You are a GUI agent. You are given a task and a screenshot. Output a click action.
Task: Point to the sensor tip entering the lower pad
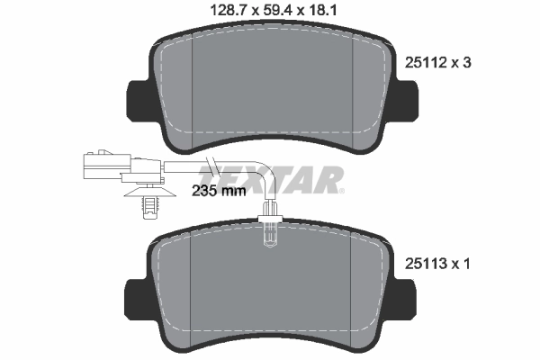(270, 232)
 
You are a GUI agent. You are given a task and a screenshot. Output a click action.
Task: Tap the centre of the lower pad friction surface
(272, 288)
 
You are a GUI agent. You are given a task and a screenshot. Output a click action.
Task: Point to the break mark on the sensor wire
(211, 165)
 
